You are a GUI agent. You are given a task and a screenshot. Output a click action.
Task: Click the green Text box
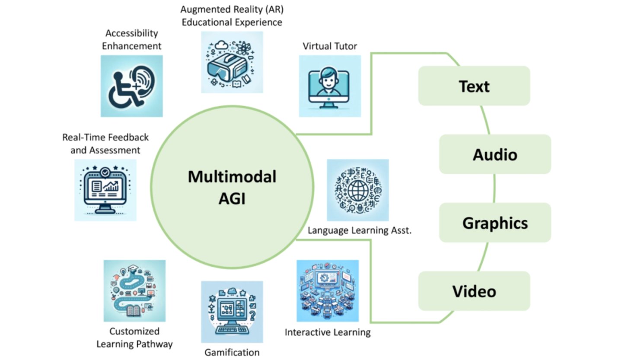pyautogui.click(x=474, y=86)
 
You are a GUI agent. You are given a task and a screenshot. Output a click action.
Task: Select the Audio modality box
pyautogui.click(x=495, y=154)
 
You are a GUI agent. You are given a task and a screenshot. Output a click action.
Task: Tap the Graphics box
pyautogui.click(x=495, y=223)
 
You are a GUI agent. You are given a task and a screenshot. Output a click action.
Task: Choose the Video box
pyautogui.click(x=474, y=291)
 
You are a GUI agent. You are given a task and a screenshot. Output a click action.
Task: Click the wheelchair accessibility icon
pyautogui.click(x=131, y=86)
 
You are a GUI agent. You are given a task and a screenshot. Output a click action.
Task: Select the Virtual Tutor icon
pyautogui.click(x=329, y=86)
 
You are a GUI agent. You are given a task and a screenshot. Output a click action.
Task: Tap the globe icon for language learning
pyautogui.click(x=357, y=190)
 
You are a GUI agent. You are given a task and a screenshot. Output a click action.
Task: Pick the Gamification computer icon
pyautogui.click(x=232, y=312)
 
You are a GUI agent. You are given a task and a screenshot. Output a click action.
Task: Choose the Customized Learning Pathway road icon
pyautogui.click(x=134, y=290)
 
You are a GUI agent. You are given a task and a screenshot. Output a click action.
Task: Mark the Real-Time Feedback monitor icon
pyautogui.click(x=105, y=190)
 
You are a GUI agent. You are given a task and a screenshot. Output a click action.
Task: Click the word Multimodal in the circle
pyautogui.click(x=232, y=177)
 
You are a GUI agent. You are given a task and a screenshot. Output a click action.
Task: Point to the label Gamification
pyautogui.click(x=232, y=352)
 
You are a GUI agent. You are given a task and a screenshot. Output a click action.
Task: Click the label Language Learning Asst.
pyautogui.click(x=359, y=230)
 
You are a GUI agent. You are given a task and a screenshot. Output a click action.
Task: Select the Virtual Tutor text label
pyautogui.click(x=329, y=46)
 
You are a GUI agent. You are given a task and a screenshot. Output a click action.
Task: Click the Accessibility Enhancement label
pyautogui.click(x=131, y=39)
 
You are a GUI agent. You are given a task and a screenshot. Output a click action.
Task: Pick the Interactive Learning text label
pyautogui.click(x=328, y=332)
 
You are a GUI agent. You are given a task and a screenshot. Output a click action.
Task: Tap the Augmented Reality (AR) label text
pyautogui.click(x=232, y=10)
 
